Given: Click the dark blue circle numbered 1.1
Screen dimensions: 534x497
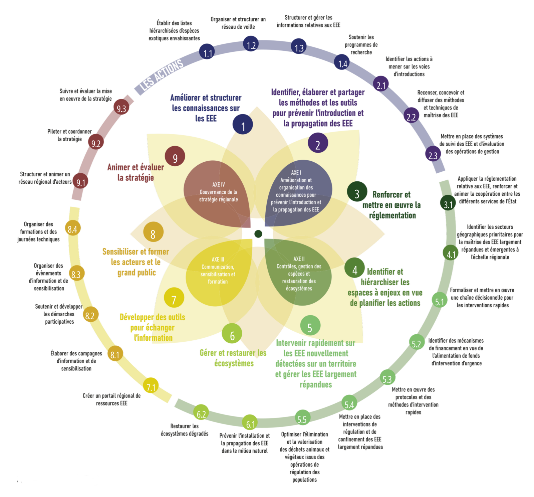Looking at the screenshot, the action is click(x=207, y=52).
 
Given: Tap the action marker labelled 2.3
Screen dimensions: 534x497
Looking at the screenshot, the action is click(x=433, y=154).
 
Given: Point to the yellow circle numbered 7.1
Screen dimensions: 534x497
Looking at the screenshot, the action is click(x=151, y=386).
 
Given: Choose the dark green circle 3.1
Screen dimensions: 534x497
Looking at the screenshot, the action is click(x=448, y=203).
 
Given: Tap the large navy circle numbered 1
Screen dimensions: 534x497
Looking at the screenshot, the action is click(x=243, y=124).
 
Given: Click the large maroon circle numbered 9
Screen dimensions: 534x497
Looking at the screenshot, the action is click(x=175, y=156).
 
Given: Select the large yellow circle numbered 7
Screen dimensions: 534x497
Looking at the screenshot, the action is click(x=174, y=298).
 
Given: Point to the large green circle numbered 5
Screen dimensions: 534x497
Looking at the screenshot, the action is click(x=310, y=326).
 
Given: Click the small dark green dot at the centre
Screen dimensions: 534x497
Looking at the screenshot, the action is click(x=258, y=234).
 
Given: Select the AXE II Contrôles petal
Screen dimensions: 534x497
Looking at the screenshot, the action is click(x=298, y=272).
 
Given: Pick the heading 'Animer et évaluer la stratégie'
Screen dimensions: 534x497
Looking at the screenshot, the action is click(x=136, y=172).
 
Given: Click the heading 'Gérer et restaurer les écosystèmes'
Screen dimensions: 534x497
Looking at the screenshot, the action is click(x=233, y=358).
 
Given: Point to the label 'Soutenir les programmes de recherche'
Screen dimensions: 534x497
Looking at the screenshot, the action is click(x=361, y=44).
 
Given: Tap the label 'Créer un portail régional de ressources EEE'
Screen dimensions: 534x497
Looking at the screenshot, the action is click(x=112, y=399).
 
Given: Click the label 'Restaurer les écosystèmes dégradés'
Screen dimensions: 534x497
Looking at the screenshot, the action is click(x=185, y=430).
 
